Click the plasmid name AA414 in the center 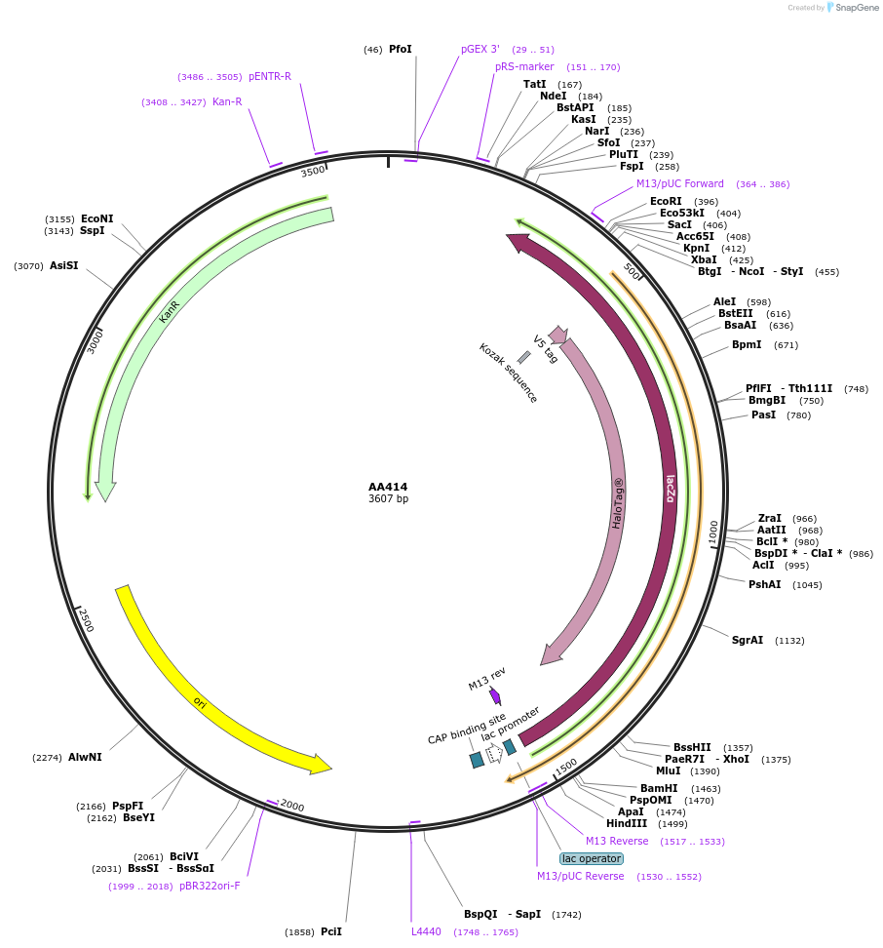388,487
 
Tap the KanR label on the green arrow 170,312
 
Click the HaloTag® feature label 618,503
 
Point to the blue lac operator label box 591,858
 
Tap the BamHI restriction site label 659,788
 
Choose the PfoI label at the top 401,49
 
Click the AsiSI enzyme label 63,265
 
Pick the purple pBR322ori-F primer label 210,886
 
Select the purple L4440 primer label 426,931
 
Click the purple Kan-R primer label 227,101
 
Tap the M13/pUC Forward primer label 680,183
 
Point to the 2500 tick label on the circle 87,620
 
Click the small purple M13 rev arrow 495,695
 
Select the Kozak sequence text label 508,373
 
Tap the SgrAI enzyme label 748,640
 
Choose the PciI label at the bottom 331,931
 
